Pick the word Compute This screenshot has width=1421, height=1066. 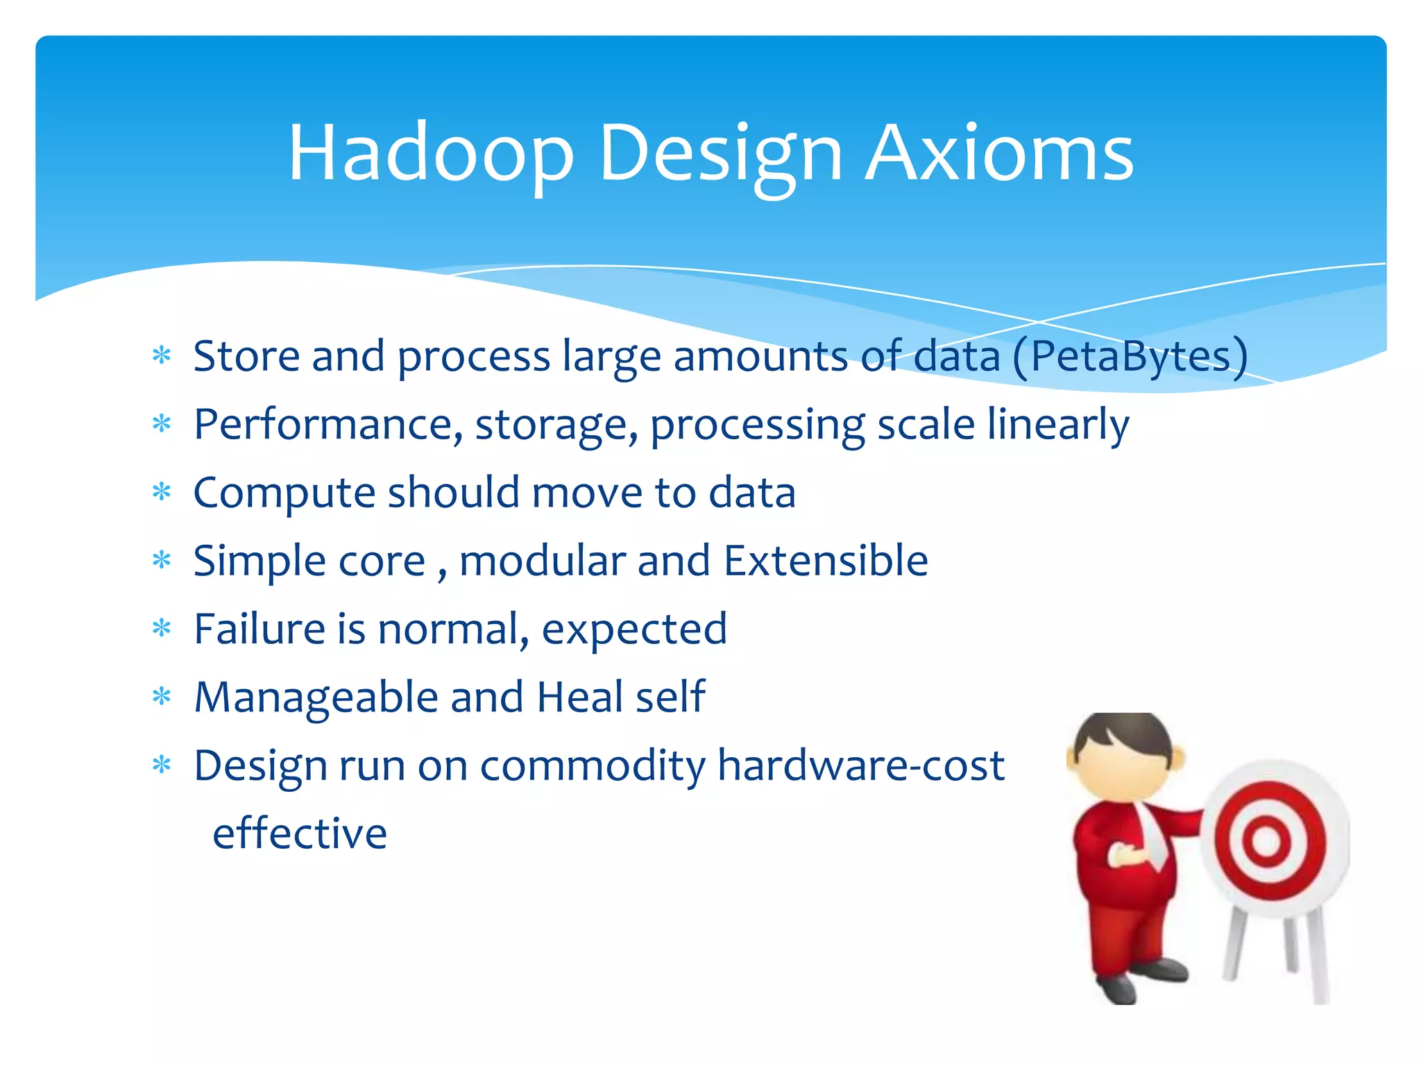click(x=284, y=493)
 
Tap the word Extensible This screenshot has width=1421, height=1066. click(x=825, y=561)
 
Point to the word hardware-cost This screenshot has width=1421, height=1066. click(x=860, y=765)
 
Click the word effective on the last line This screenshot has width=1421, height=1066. click(x=300, y=833)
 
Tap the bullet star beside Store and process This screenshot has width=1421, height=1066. click(x=162, y=356)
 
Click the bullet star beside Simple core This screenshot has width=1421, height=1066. click(x=162, y=560)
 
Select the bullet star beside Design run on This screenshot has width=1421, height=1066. click(x=162, y=765)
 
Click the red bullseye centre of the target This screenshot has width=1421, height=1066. click(x=1266, y=842)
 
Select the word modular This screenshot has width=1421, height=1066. click(x=542, y=561)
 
